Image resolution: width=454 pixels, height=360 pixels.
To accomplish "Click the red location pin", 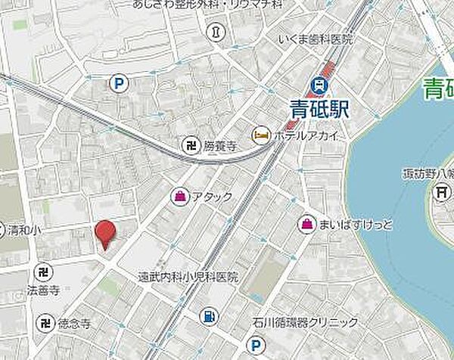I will [105, 234].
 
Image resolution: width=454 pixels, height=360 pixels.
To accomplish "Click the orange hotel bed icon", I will [260, 134].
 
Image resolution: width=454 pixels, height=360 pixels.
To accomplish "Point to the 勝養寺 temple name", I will [221, 145].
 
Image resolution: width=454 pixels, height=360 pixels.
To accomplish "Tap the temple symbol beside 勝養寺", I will [191, 144].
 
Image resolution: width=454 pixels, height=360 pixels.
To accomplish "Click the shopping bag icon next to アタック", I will [182, 197].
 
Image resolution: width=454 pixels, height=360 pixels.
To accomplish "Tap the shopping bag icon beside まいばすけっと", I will [307, 224].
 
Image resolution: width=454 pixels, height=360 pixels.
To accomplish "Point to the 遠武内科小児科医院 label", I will [188, 278].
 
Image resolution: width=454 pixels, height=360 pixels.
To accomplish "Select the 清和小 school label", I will [21, 229].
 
